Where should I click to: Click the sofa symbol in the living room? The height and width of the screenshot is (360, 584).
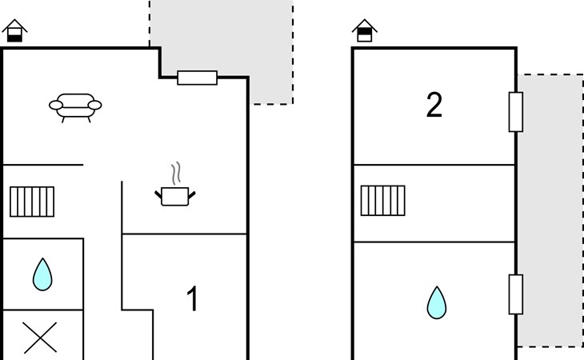[75, 108]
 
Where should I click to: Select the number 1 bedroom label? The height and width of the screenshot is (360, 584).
[192, 298]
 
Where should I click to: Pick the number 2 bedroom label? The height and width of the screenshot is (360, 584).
[434, 105]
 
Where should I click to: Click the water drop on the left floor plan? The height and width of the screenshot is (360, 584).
[42, 274]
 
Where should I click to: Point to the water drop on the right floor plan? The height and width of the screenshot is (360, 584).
[437, 302]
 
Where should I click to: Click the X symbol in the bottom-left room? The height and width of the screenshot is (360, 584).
[40, 338]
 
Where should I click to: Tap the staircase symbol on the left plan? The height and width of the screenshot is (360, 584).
[32, 202]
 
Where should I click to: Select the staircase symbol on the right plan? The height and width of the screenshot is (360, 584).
[383, 200]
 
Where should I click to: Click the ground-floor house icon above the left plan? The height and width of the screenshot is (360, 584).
[14, 30]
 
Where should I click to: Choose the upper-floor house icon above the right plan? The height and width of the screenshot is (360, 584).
[365, 30]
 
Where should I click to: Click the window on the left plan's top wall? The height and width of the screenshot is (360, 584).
[198, 78]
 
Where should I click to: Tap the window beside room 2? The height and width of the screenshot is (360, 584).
[516, 112]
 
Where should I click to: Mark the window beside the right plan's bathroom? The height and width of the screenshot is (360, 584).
[516, 294]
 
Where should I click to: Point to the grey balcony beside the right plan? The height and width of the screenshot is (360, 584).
[551, 210]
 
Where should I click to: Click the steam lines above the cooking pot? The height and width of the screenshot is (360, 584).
[176, 173]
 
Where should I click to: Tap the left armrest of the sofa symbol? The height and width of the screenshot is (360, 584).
[56, 106]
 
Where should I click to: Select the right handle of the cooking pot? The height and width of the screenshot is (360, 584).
[192, 194]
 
